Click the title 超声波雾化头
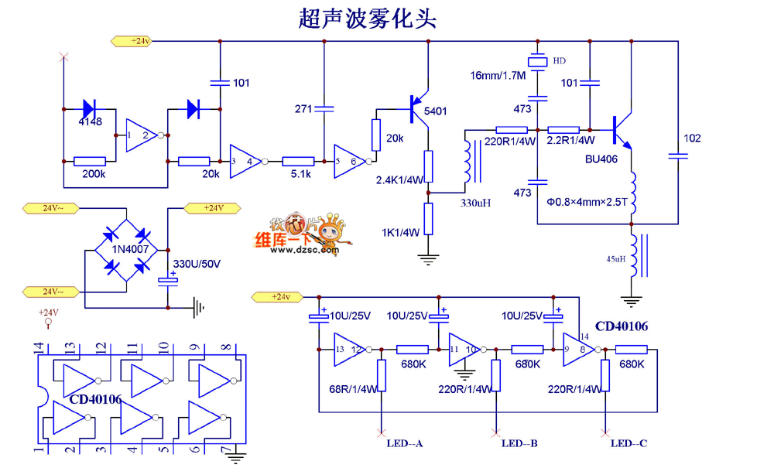pos(368,19)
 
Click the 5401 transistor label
pos(435,111)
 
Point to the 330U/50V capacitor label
pos(197,265)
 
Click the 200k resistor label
pos(94,175)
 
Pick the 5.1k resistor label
pos(298,175)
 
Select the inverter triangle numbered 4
pos(245,162)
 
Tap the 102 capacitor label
pos(693,138)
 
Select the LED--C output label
pos(628,443)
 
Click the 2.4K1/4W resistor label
pos(399,180)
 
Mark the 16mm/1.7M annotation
pos(498,76)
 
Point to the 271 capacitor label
pos(303,109)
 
